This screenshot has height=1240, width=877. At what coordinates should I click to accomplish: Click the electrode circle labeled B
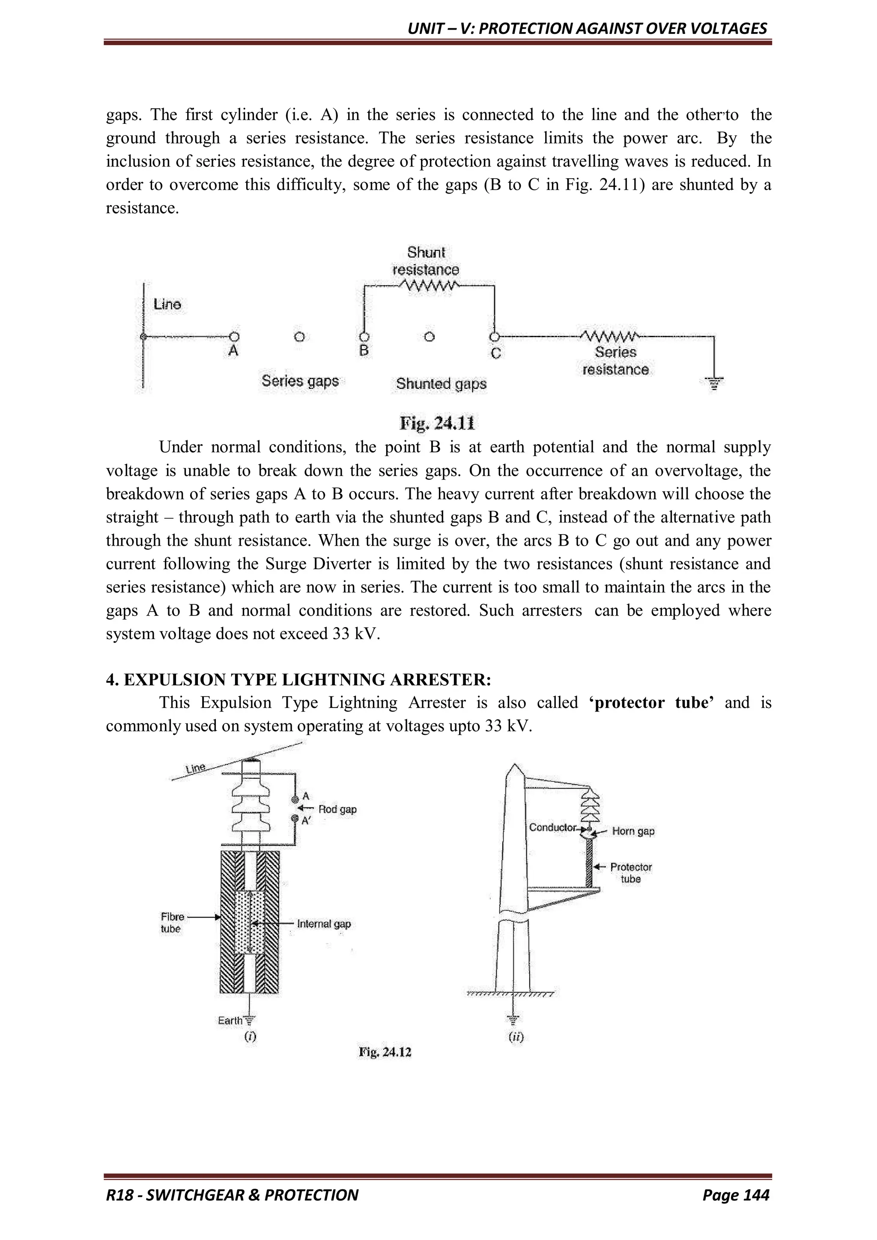click(364, 337)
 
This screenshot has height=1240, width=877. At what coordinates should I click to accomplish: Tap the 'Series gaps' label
click(300, 381)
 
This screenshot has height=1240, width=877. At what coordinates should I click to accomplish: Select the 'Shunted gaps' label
click(441, 383)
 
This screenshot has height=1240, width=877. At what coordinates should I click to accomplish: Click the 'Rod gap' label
click(337, 809)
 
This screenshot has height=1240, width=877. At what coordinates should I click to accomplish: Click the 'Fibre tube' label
click(172, 923)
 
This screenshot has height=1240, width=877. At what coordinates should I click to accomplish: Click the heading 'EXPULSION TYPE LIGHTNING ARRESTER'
click(307, 679)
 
